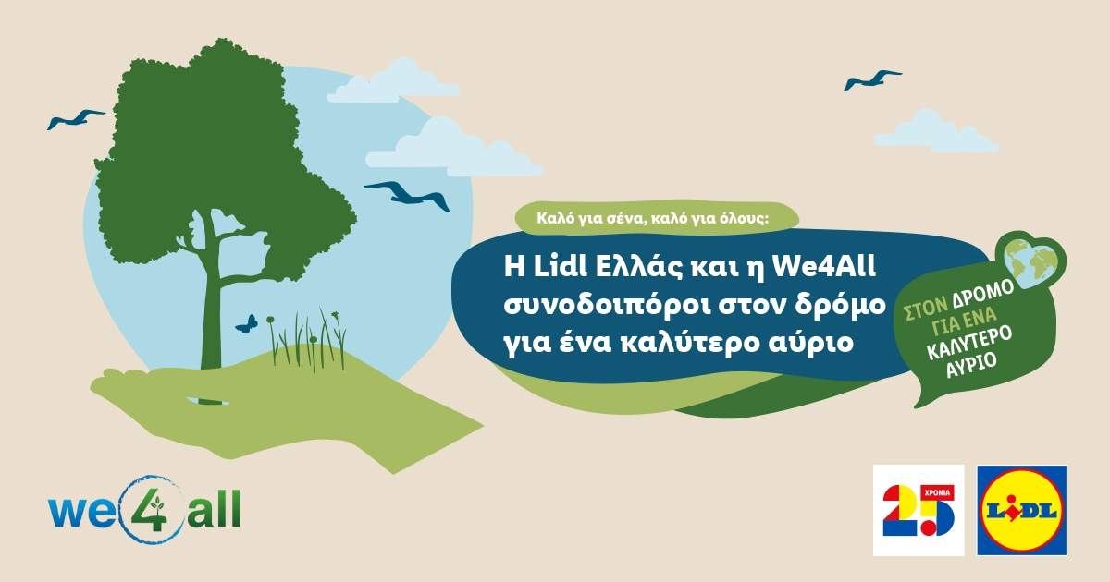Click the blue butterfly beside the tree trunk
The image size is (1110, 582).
click(x=246, y=323)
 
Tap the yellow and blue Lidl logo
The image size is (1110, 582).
click(x=1022, y=510)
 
